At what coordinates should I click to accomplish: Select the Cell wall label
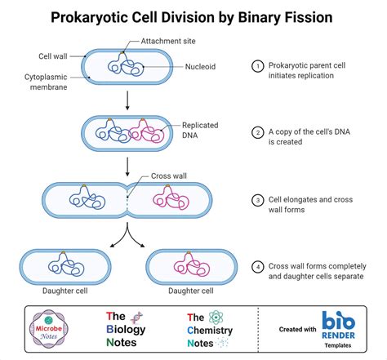(53, 56)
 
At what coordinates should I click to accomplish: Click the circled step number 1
(259, 66)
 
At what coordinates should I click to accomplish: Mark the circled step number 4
(259, 266)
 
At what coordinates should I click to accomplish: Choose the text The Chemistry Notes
(208, 330)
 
